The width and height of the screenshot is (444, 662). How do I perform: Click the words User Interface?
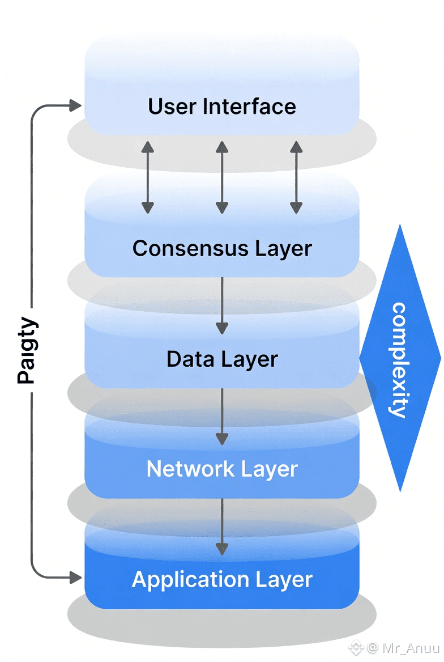(222, 107)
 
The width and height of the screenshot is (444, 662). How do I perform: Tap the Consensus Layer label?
(222, 248)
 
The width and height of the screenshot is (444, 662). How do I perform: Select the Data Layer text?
(222, 359)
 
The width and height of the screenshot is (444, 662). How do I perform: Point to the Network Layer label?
(222, 469)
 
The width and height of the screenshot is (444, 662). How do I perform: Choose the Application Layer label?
(222, 579)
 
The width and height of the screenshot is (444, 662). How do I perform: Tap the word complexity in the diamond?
(400, 360)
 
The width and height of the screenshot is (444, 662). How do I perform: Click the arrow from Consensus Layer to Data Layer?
(222, 306)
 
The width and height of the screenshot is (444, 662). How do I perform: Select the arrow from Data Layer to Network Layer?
(222, 417)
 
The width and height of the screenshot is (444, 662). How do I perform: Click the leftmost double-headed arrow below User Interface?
(148, 177)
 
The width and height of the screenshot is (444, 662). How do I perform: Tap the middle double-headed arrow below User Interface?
(222, 177)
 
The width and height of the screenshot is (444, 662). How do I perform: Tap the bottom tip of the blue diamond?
(400, 490)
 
